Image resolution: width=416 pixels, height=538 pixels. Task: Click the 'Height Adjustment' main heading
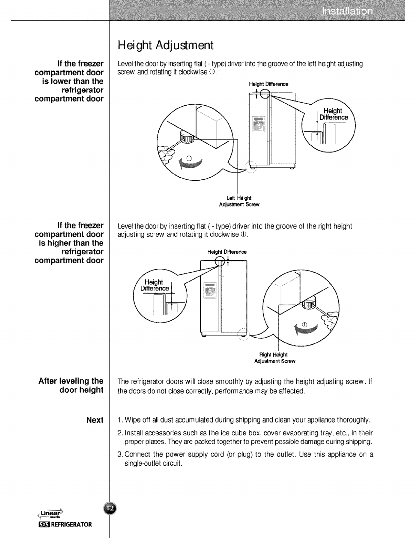[165, 45]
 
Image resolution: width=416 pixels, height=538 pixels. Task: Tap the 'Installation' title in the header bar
[347, 12]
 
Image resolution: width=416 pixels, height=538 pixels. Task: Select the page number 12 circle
[110, 508]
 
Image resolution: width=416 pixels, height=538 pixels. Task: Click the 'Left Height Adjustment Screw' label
[239, 201]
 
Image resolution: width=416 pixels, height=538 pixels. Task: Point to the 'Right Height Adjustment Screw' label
[275, 358]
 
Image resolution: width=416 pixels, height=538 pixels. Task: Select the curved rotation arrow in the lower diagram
[306, 327]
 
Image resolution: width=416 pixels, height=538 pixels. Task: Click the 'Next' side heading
[95, 420]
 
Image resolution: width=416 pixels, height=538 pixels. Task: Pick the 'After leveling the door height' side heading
[71, 385]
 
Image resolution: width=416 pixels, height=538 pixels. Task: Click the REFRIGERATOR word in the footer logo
[70, 524]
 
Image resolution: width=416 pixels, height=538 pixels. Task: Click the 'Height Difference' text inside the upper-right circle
[333, 114]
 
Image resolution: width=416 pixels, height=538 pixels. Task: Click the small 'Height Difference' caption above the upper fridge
[268, 84]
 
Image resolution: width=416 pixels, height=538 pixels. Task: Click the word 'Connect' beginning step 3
[137, 454]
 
